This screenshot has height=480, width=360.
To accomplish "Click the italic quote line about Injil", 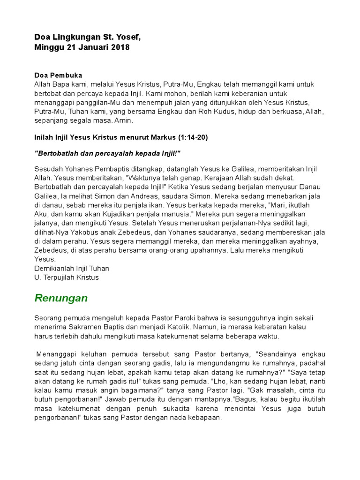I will [x=107, y=154].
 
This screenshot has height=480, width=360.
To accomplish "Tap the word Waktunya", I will [x=138, y=178].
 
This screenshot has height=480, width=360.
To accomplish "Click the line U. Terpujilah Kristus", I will [x=67, y=277].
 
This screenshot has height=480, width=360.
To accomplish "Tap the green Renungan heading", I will [x=61, y=298].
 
